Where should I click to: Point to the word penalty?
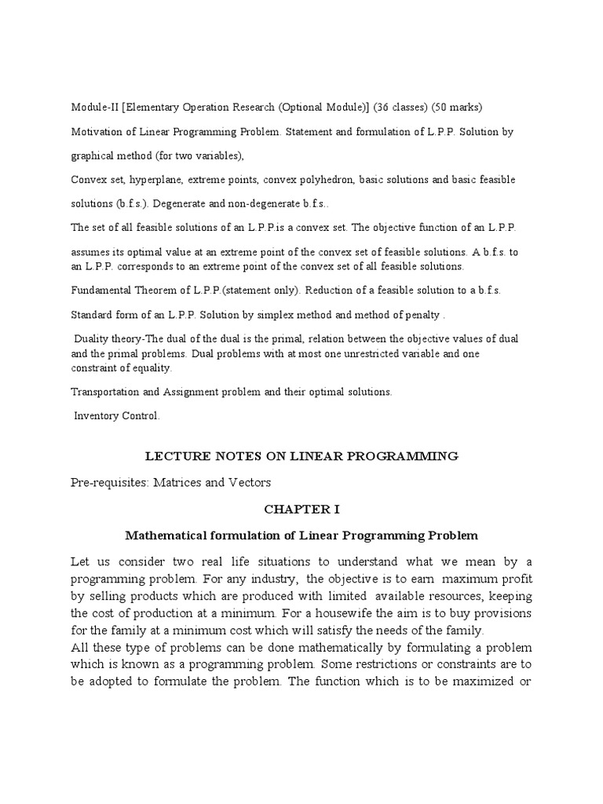coord(420,314)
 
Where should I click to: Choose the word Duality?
coord(93,338)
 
